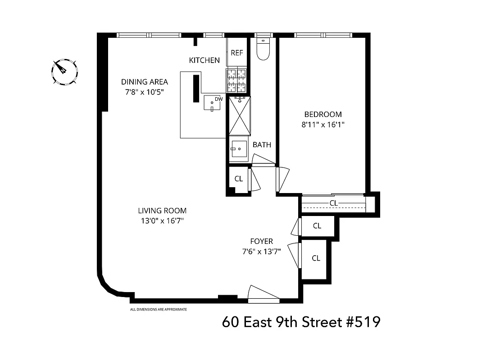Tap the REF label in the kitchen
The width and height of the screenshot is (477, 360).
coord(237,53)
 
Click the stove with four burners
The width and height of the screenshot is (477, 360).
coord(237,81)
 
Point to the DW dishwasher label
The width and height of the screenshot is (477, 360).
coord(218,99)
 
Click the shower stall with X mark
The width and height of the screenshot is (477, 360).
coord(240,116)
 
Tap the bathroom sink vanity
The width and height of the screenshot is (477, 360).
coord(239,149)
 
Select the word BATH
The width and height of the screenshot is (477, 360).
coord(262,145)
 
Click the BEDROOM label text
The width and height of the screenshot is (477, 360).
coord(323,114)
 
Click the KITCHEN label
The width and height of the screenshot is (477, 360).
coord(204,60)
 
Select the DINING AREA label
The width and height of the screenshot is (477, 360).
coord(144,82)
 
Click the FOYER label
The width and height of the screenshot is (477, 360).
coord(262,241)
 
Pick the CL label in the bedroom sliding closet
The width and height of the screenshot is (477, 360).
coord(333,203)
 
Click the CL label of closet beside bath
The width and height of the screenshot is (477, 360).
coord(239,179)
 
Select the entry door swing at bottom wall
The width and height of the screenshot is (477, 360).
coord(263,293)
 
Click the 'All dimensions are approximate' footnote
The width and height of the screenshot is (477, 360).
coord(158,310)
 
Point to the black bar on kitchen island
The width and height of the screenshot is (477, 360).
coord(196,89)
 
